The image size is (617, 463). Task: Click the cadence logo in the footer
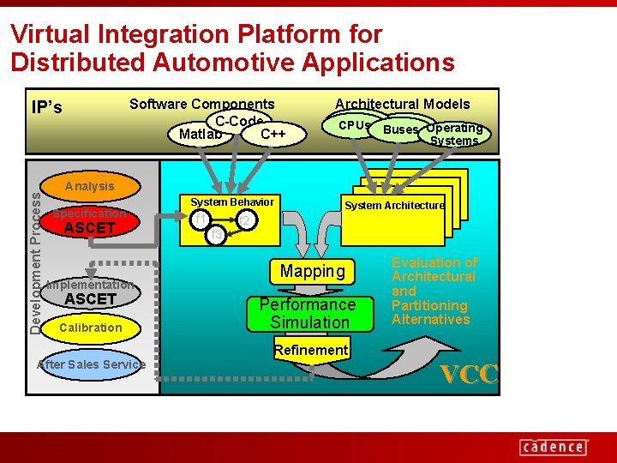(x=553, y=447)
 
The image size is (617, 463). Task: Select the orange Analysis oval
(x=89, y=186)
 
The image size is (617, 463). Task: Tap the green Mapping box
(x=312, y=272)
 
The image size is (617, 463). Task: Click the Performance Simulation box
(x=308, y=314)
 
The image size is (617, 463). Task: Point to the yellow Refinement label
(x=310, y=350)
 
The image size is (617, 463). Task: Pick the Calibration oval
(x=90, y=328)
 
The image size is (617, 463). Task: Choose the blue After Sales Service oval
(x=92, y=364)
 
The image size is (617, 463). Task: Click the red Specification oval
(x=89, y=213)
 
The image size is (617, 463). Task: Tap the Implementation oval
(x=90, y=285)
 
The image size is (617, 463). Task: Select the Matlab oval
(x=201, y=135)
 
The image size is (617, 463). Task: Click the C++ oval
(x=273, y=135)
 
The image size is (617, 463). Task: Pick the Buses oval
(x=400, y=130)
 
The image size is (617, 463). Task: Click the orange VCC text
(x=469, y=375)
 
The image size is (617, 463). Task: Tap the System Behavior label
(x=231, y=202)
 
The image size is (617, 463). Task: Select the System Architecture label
(x=394, y=206)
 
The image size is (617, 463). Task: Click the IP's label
(x=46, y=108)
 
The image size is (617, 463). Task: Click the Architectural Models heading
(x=402, y=105)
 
